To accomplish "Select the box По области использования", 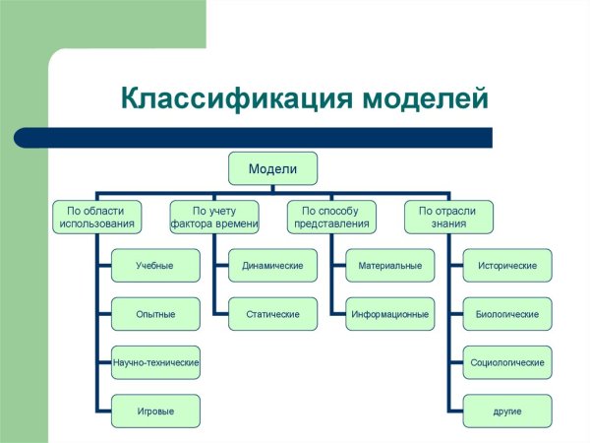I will [x=96, y=217].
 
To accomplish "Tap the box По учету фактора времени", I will [x=213, y=217].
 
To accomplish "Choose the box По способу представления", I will [x=330, y=217].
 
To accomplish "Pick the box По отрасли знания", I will [x=448, y=217].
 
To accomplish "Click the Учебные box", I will [x=155, y=266].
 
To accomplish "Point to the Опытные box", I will [x=155, y=314].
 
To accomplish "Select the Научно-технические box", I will [x=155, y=362].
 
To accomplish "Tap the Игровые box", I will [x=155, y=411].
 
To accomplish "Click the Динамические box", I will [x=272, y=266].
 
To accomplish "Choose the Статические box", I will [x=272, y=314].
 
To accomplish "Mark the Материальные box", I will [x=389, y=266].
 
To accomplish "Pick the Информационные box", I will [x=389, y=314].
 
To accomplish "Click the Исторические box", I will [x=506, y=266].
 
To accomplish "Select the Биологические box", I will [x=506, y=314].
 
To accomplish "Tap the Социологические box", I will [x=506, y=362].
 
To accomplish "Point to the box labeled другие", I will [x=506, y=411].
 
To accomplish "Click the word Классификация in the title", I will [x=232, y=99].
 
